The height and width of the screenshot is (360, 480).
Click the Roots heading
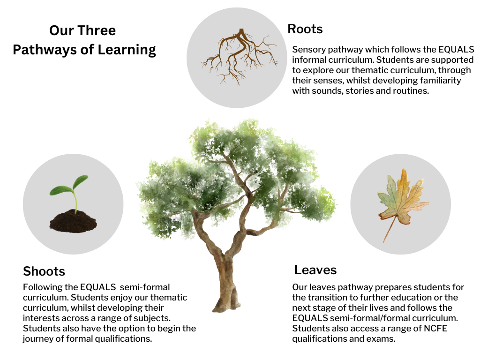305,29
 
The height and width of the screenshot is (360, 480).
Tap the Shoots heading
44,271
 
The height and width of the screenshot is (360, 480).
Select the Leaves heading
315,270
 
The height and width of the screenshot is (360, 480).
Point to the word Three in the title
96,30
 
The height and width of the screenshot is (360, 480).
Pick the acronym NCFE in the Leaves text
435,328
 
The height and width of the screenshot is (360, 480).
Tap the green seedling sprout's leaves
69,186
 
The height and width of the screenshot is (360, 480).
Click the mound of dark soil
73,221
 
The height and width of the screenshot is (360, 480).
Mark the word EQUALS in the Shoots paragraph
98,287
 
